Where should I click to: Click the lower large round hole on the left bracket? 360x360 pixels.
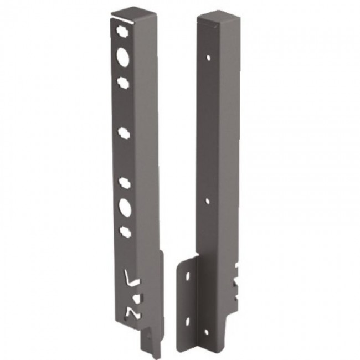[124, 207]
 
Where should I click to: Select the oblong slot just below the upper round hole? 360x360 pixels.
[122, 81]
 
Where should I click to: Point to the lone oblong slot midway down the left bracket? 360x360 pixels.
[124, 133]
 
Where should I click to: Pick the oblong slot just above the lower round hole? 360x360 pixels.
[124, 183]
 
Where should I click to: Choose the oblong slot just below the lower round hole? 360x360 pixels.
[124, 231]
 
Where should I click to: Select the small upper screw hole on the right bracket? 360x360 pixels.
[208, 57]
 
